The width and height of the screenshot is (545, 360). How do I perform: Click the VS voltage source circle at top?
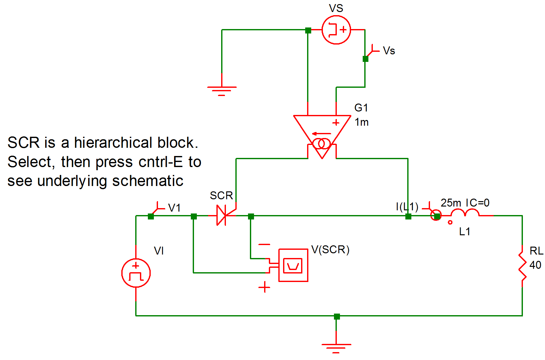[336, 30]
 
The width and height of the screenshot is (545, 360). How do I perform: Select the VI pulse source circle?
[136, 273]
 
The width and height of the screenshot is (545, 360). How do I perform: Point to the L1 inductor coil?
[464, 213]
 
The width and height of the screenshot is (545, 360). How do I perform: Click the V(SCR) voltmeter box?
[293, 265]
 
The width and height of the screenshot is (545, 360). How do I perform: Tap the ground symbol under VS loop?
[221, 89]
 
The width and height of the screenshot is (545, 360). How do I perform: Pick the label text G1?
[361, 108]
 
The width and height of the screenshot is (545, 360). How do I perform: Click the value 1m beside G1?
[361, 122]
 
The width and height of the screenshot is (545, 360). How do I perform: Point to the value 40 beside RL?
[535, 265]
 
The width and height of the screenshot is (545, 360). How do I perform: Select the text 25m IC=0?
[465, 203]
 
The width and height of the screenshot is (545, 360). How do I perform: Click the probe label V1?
[174, 208]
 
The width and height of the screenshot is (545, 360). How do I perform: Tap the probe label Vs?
[389, 51]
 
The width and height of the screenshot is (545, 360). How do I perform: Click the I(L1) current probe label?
[407, 207]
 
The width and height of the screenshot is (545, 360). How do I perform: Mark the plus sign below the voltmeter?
[264, 287]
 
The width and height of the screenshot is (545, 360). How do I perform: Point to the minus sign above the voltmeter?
[264, 244]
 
